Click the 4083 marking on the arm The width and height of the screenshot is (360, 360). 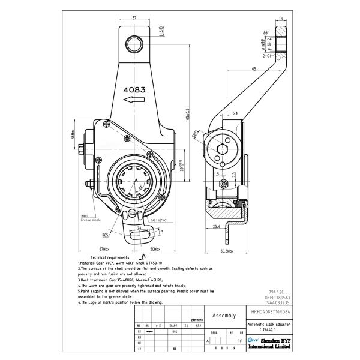click(134, 89)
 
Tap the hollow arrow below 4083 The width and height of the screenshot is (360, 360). click(133, 102)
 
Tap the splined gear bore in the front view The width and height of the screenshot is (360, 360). click(137, 181)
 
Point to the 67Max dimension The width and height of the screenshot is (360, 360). click(105, 249)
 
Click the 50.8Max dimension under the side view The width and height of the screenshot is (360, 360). click(227, 250)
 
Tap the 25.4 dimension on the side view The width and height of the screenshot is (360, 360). click(216, 227)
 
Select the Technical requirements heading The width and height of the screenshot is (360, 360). click(102, 256)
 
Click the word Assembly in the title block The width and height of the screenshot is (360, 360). click(224, 315)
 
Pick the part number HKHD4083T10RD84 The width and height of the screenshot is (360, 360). click(269, 312)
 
